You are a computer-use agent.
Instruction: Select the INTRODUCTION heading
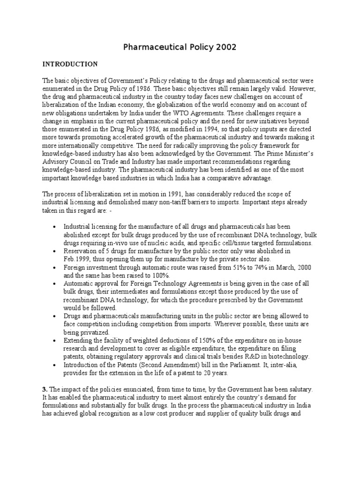click(x=70, y=64)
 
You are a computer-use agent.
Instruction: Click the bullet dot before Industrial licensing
click(x=55, y=226)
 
